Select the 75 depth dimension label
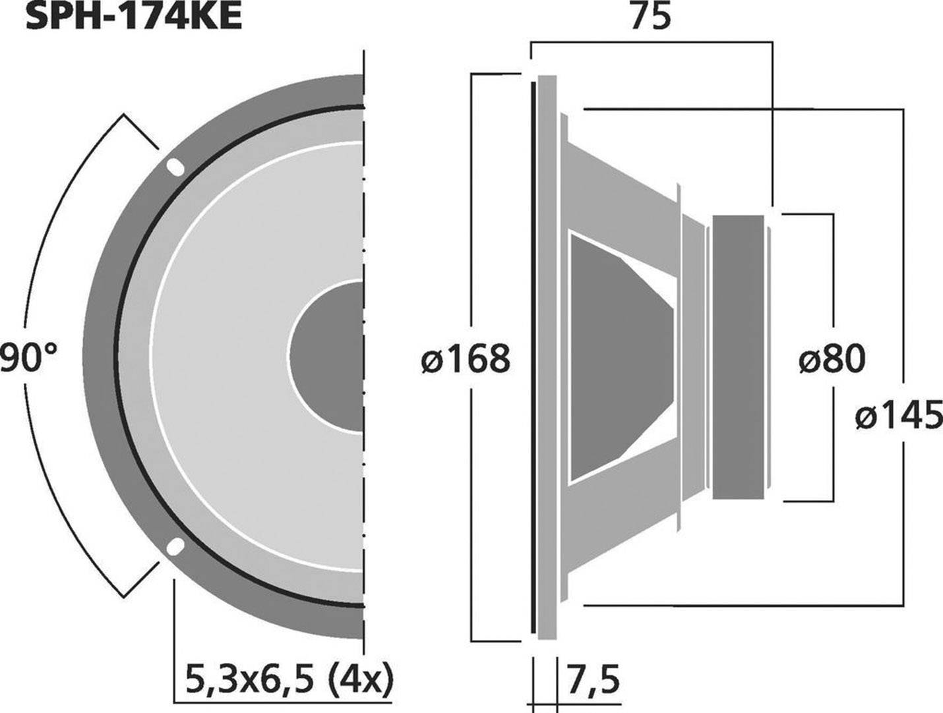click(650, 16)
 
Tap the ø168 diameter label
click(466, 359)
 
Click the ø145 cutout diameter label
click(899, 416)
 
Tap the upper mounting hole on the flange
click(175, 167)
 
